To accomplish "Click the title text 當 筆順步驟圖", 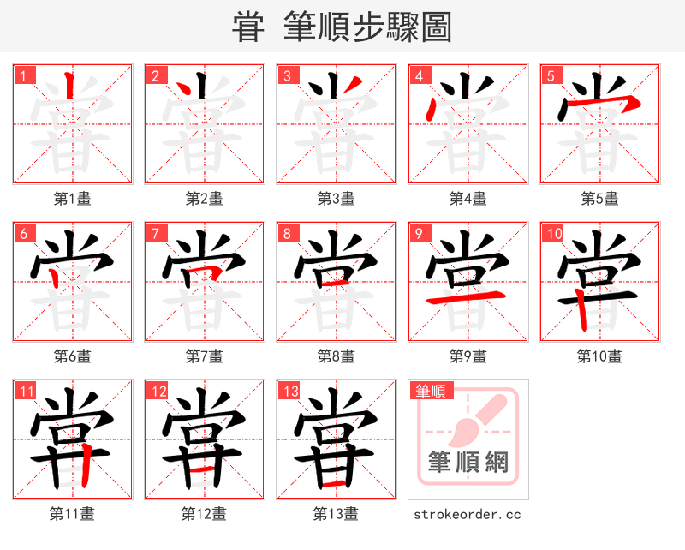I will (x=342, y=27).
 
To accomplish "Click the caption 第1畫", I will (x=73, y=199).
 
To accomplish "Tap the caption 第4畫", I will (x=468, y=199).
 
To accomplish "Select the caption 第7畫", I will (x=205, y=356).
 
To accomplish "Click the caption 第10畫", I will (x=599, y=356).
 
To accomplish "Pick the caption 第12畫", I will (x=205, y=514).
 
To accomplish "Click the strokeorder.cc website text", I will (x=468, y=514).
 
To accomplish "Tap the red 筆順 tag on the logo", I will (x=430, y=392).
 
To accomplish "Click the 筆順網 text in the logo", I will (x=468, y=463).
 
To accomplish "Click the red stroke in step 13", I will (x=336, y=485).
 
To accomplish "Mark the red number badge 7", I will (x=155, y=233).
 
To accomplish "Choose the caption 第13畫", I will (x=336, y=514).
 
